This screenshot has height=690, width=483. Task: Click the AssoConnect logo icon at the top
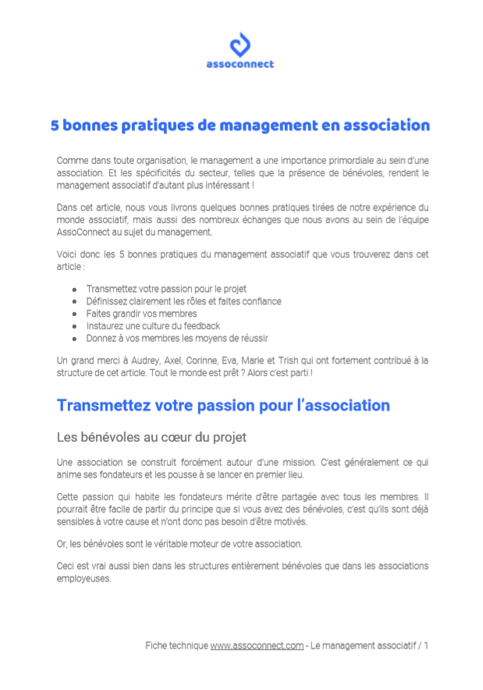tap(240, 44)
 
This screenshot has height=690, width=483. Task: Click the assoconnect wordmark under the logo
tap(240, 65)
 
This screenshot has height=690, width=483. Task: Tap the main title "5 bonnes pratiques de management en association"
tap(240, 125)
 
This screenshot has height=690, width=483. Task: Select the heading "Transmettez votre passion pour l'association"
tap(223, 406)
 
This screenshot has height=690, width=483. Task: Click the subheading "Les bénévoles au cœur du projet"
tap(152, 436)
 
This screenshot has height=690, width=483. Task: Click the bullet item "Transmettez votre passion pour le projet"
tap(166, 289)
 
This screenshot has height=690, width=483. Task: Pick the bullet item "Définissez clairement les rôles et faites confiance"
tap(183, 301)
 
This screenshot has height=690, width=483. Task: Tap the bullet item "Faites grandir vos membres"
tap(141, 314)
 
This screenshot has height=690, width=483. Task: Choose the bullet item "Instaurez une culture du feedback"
tap(153, 326)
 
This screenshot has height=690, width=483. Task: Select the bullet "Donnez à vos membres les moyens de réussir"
tap(177, 339)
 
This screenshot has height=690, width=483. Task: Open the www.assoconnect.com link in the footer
tap(257, 646)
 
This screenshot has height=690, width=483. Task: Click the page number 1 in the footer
tap(426, 646)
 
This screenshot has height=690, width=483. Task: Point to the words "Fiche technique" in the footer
tap(176, 646)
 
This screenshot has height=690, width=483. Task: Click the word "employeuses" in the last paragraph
tap(83, 578)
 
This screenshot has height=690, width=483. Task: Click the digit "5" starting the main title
tap(55, 125)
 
